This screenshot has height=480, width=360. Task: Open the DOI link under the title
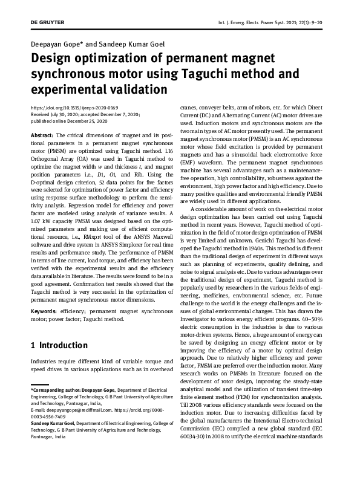tap(74, 107)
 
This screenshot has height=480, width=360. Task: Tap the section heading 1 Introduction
tap(59, 345)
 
